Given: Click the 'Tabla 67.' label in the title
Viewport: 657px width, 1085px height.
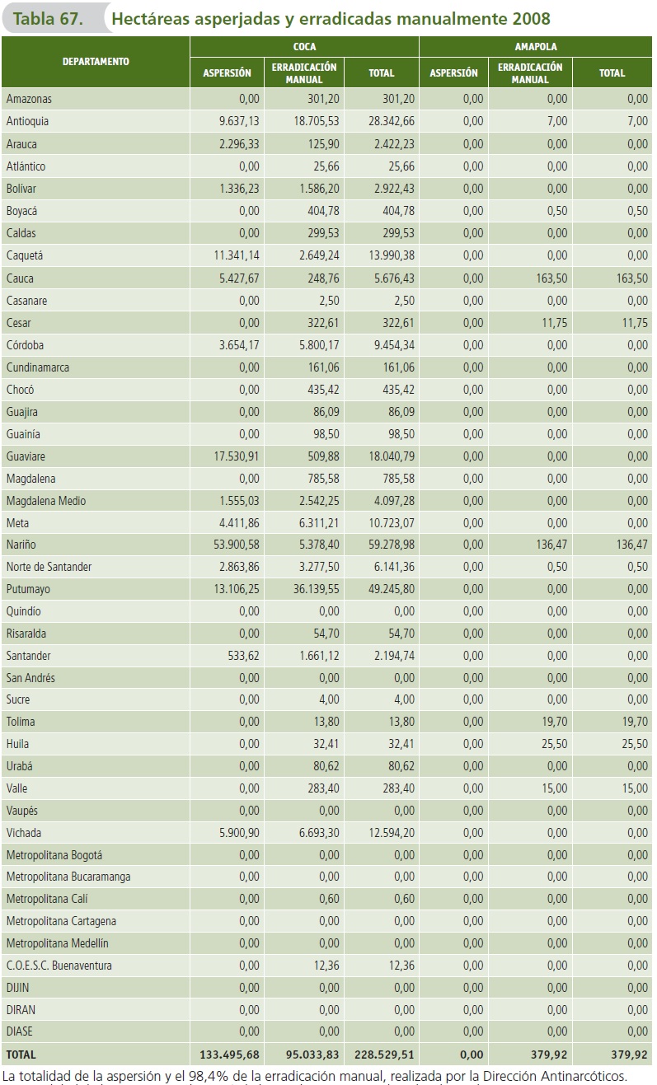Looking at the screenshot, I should point(48,18).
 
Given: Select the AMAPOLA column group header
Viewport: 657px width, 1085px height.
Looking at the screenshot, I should point(536,47).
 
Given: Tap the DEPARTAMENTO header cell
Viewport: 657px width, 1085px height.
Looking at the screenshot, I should point(96,61).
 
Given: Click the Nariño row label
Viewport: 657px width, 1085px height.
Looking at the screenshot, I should point(21,545).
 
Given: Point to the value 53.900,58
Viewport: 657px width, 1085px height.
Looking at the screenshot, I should point(230,545).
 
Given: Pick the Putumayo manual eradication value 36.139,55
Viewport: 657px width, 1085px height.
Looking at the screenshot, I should point(308,589).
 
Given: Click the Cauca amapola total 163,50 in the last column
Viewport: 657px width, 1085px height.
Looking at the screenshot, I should point(631,278).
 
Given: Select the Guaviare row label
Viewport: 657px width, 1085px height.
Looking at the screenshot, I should point(26,456).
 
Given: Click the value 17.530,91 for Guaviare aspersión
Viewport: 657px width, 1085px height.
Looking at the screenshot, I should point(230,456).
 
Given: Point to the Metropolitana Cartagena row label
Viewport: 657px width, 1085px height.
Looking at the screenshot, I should point(61,921).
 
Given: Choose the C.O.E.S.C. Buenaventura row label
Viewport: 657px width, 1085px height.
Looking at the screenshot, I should point(59,966).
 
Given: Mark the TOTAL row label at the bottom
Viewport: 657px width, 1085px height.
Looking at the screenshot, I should point(21,1054).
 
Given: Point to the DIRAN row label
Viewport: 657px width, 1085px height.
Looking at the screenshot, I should point(21,1009).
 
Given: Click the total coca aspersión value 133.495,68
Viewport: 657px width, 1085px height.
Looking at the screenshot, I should point(229,1054).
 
